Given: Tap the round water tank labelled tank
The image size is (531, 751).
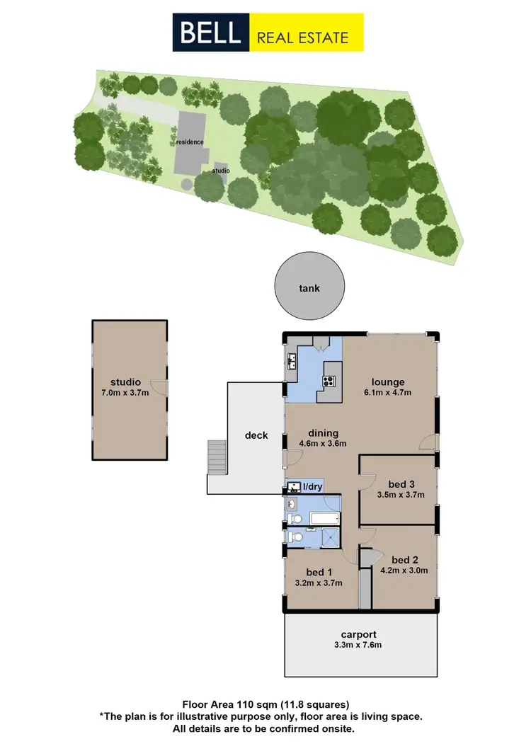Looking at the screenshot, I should tap(309, 287).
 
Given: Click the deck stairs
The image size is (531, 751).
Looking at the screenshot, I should tap(217, 457).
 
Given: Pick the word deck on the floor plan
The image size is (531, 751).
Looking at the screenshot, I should tap(256, 435).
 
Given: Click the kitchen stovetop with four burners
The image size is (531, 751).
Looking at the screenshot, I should tap(329, 382).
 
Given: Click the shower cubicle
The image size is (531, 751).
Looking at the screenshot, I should tap(327, 537).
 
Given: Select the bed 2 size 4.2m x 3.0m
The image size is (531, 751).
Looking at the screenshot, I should tap(404, 569).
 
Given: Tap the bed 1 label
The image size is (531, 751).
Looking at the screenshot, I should tap(319, 572).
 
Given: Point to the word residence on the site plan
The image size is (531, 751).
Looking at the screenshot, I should tap(190, 142).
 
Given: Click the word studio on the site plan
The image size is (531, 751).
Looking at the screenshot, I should tap(222, 171).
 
